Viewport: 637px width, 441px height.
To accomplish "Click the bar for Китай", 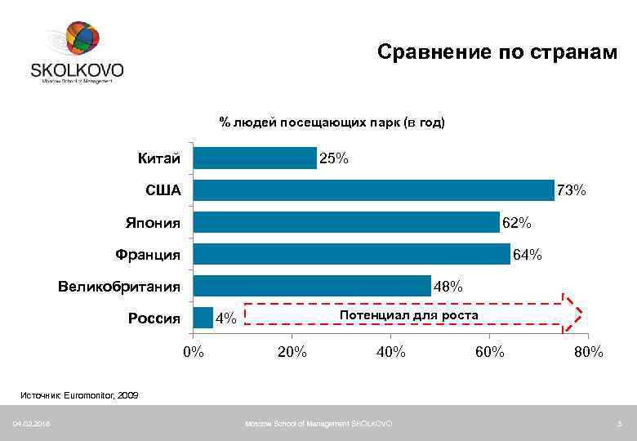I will pos(254,158).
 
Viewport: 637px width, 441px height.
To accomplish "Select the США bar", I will pos(373,190).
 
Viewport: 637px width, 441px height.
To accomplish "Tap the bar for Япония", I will pos(345,222).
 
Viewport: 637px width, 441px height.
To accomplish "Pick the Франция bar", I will pos(351,254).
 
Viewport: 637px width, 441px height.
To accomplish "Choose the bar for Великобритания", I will pos(311,286).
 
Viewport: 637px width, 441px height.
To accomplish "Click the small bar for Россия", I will pos(203,318).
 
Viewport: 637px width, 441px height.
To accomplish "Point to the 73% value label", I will pos(571,191).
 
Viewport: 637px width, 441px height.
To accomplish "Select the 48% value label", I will pos(448,287).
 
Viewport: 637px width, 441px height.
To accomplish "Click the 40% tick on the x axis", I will pos(390,352).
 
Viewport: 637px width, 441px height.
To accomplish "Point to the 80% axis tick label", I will pos(588,352).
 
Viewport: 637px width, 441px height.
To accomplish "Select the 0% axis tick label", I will pos(194,352).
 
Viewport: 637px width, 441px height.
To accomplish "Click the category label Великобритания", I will pos(119,287).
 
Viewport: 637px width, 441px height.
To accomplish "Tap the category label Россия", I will pos(154,318).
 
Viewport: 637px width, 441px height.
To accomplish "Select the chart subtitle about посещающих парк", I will pos(332,122).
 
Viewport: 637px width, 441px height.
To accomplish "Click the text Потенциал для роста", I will pos(409,314).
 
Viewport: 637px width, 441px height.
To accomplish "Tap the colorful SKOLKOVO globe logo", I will pos(82,39).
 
